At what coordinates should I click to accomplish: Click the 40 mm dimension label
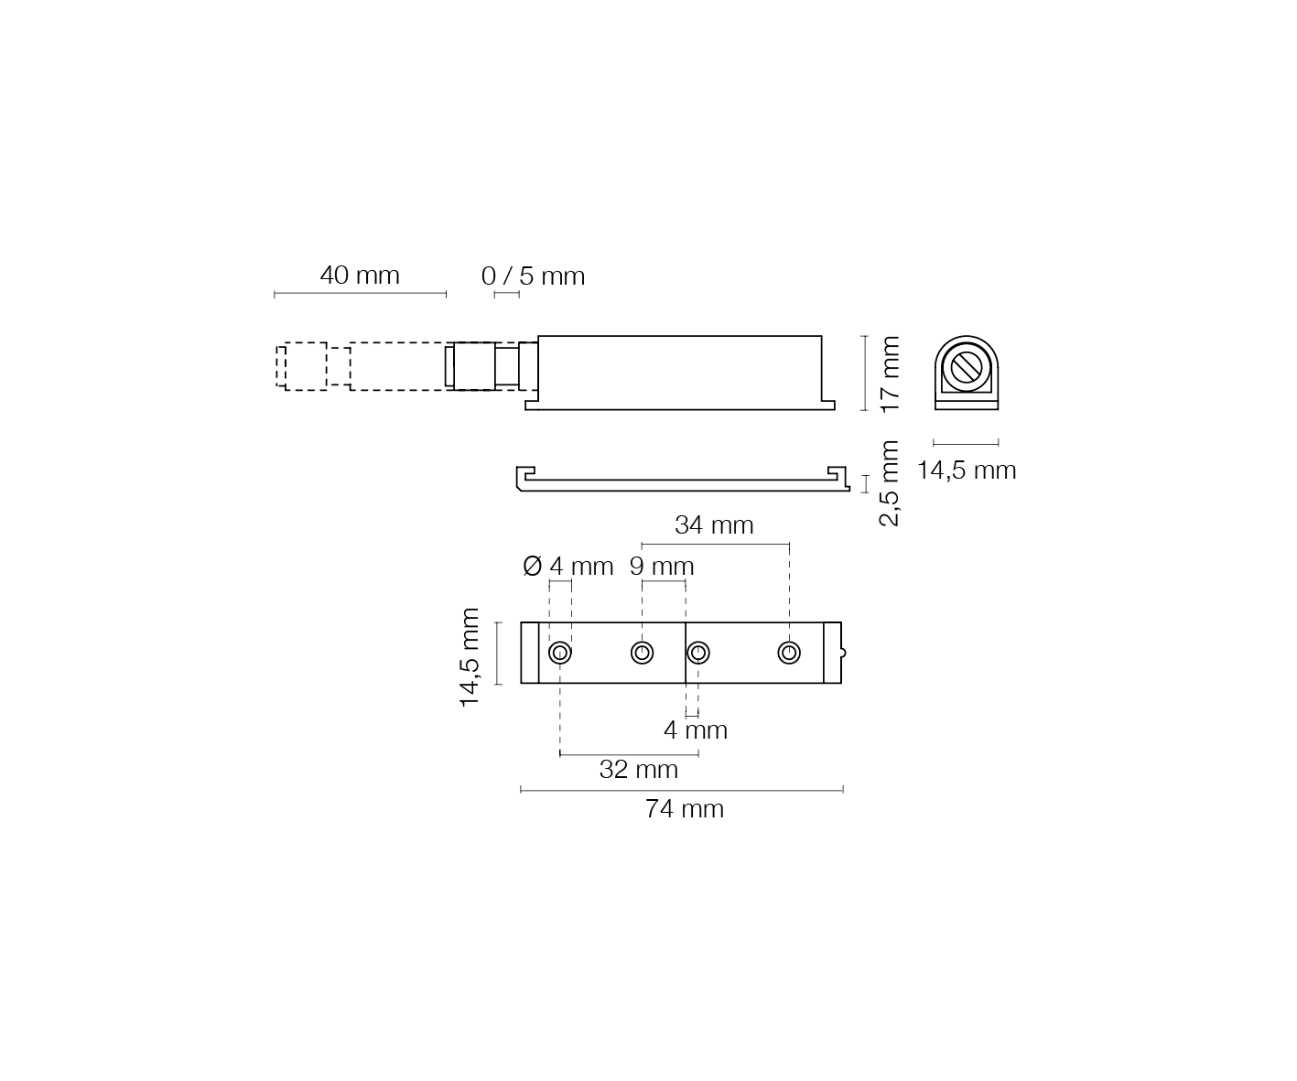[360, 276]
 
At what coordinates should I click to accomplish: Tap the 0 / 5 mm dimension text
[533, 276]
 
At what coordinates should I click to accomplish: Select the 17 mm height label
[890, 373]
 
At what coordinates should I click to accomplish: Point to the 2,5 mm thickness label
[889, 483]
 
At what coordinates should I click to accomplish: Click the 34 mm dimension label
[714, 525]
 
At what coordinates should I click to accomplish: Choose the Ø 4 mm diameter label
[567, 566]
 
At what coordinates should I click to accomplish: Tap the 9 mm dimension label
[662, 566]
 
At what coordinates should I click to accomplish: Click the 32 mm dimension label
[639, 769]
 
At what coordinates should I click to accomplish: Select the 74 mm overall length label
[684, 808]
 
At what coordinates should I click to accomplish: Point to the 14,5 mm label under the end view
[967, 470]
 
